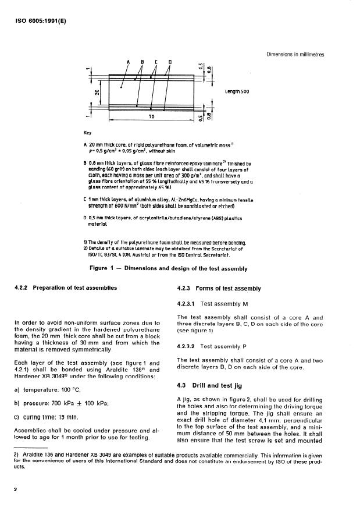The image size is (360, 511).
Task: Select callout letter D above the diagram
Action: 170,62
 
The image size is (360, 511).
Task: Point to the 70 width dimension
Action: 151,118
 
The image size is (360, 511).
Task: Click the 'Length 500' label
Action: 237,92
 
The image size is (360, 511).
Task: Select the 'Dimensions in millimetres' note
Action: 295,55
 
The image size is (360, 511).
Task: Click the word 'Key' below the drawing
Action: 88,133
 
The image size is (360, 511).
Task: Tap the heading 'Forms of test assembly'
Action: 231,289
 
